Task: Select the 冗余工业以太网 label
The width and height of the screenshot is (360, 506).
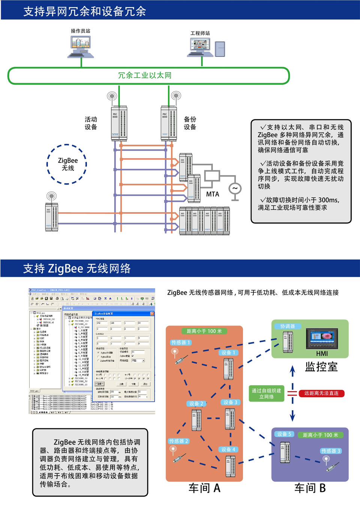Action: [145, 75]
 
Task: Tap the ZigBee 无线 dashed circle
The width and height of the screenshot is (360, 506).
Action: [67, 164]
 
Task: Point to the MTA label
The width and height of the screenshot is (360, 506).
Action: [212, 194]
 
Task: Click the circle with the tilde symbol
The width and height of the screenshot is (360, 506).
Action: [235, 188]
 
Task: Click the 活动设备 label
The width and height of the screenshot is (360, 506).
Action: [91, 123]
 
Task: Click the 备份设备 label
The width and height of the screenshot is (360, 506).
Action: [190, 123]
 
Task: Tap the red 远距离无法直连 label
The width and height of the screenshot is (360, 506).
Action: [321, 393]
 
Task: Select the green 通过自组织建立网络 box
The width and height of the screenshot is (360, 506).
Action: [267, 393]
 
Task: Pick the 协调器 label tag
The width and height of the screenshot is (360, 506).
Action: [288, 326]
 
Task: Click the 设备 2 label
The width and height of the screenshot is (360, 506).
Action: [196, 404]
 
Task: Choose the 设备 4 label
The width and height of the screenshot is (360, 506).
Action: [228, 449]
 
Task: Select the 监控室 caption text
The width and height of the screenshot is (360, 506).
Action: [321, 367]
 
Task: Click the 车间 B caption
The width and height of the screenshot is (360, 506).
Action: [310, 488]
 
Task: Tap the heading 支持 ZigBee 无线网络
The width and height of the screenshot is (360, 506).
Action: [77, 268]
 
